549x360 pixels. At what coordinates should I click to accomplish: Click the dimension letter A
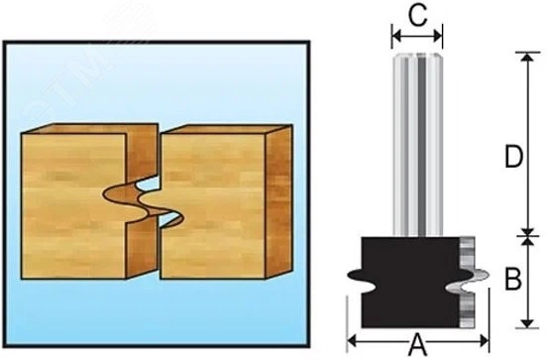[418, 345]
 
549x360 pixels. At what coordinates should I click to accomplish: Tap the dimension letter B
[513, 279]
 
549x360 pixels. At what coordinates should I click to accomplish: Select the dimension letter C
[417, 16]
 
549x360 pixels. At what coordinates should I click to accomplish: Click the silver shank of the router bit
[417, 145]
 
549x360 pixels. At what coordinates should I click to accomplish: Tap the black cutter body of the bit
[409, 283]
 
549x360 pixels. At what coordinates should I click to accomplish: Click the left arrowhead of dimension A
[352, 340]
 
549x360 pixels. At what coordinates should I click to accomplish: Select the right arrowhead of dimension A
[485, 340]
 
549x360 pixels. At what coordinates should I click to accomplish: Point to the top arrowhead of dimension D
[528, 57]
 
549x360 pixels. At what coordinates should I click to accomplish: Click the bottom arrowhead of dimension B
[527, 323]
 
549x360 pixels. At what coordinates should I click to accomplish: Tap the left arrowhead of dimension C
[396, 36]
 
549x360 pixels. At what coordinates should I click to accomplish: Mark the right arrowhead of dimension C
[438, 36]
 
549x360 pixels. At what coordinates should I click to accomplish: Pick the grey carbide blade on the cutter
[467, 283]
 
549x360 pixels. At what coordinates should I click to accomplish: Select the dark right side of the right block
[278, 201]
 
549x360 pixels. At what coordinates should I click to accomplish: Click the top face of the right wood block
[227, 129]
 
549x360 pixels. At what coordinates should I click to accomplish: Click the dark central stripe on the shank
[422, 145]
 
